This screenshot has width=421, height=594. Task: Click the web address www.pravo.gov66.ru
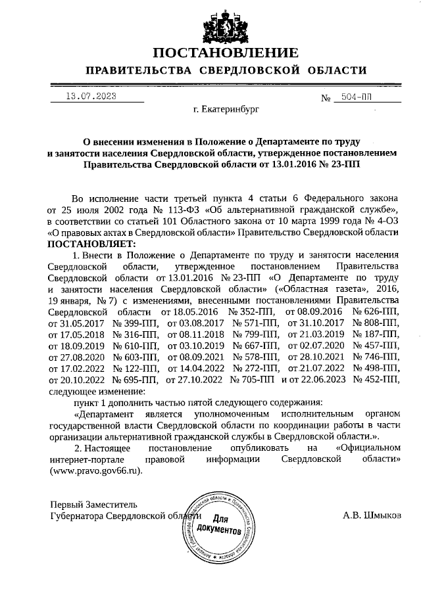(x=94, y=470)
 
